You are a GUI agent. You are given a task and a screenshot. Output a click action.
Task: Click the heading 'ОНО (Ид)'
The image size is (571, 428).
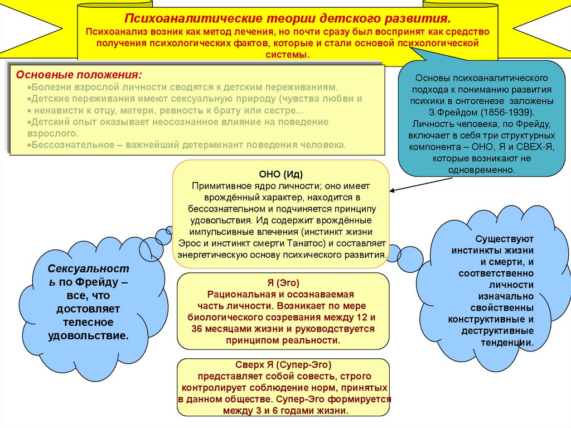[x=281, y=174]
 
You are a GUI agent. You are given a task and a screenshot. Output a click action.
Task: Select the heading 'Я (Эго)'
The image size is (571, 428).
[x=283, y=283]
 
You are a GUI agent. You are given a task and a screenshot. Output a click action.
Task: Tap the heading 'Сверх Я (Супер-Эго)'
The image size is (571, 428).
[x=284, y=366]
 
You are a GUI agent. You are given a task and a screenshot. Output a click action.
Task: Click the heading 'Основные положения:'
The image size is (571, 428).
[x=79, y=75]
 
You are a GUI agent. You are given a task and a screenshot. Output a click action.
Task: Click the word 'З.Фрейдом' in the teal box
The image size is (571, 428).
[x=458, y=112]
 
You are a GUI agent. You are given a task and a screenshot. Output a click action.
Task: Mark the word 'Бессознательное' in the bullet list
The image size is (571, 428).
[x=64, y=145]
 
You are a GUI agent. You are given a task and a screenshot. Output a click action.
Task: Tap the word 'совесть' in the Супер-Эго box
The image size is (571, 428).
[x=310, y=377]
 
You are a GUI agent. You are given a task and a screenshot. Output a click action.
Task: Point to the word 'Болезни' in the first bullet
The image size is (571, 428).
[x=49, y=88]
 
